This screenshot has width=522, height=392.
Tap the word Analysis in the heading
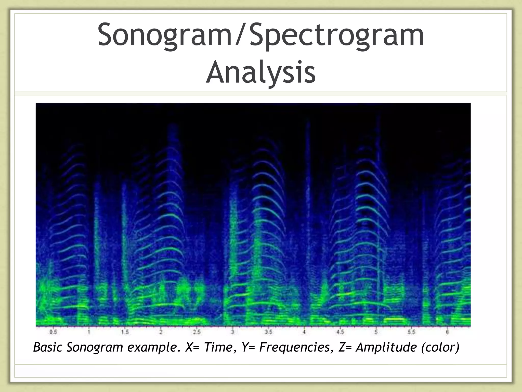261,72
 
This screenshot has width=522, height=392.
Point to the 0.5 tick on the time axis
53,332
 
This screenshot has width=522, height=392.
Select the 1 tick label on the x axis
89,332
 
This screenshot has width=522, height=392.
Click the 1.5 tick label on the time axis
125,332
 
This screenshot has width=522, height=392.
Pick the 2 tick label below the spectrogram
161,332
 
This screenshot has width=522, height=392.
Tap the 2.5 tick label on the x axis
197,332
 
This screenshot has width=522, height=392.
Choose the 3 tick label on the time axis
232,332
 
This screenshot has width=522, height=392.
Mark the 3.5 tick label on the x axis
268,332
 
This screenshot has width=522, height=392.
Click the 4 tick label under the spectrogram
304,332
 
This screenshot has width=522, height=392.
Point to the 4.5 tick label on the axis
340,332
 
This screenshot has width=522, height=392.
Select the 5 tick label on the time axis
376,332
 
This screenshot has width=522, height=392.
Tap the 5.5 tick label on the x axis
412,332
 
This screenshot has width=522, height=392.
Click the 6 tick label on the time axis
447,332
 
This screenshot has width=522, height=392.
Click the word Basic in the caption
48,347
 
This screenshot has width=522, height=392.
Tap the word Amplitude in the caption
386,347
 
